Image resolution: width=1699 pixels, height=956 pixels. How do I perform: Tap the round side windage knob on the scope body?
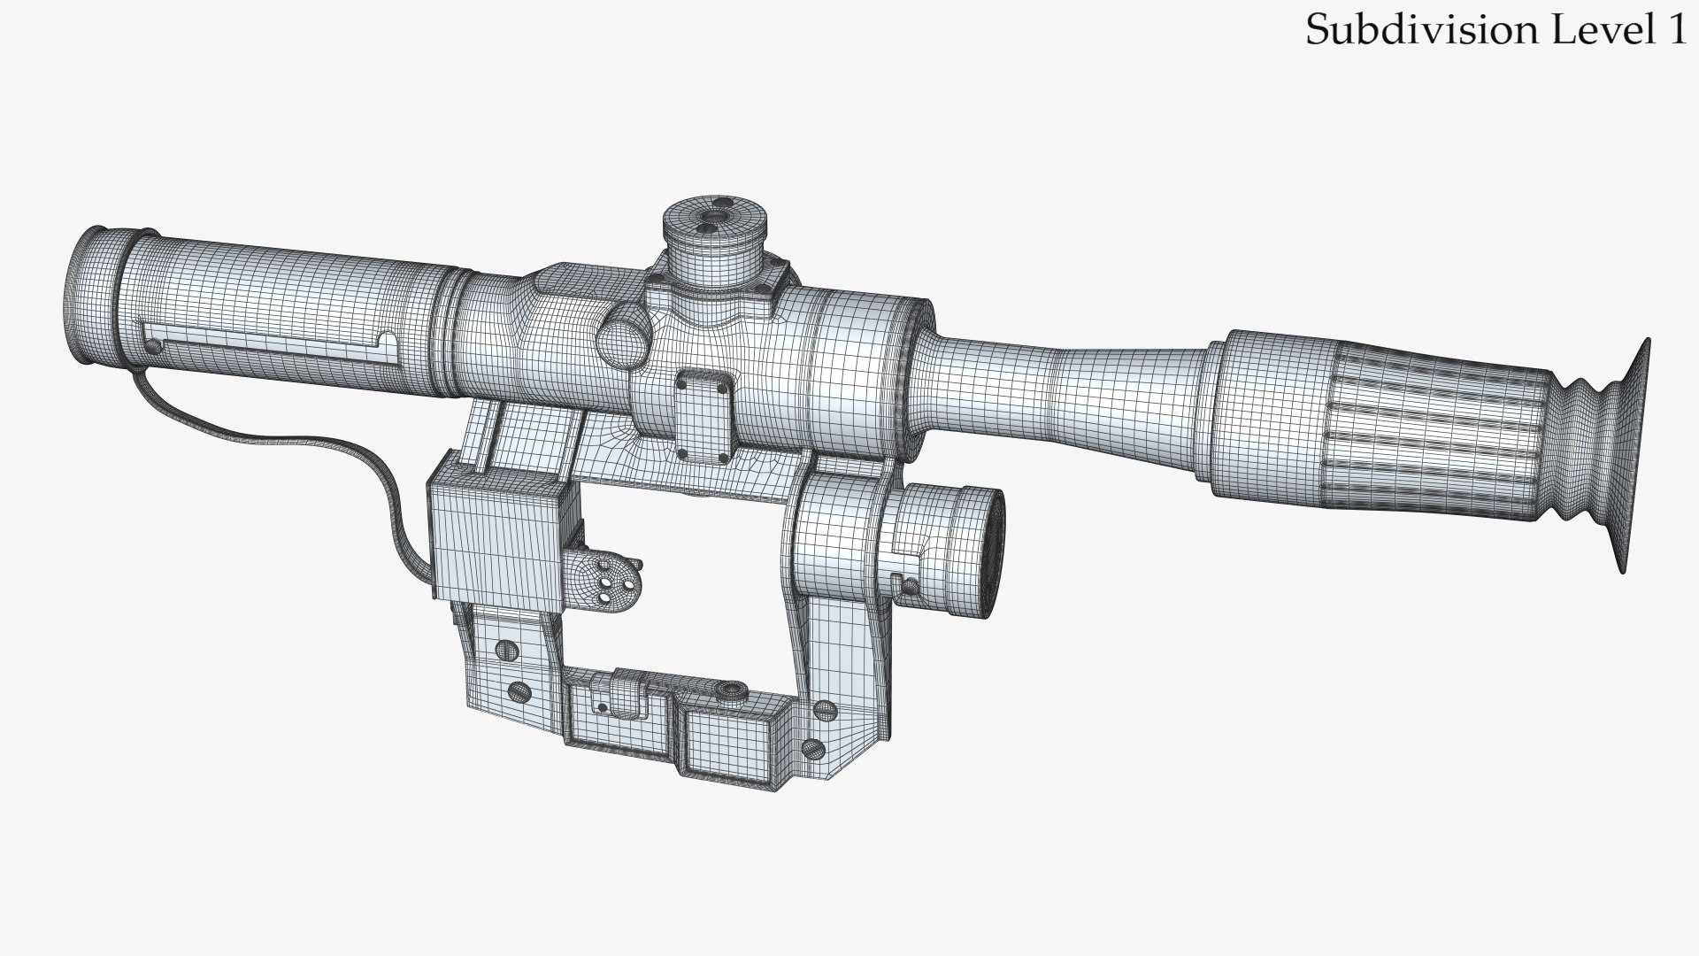(x=622, y=335)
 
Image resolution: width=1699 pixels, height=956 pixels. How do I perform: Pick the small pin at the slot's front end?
(x=156, y=346)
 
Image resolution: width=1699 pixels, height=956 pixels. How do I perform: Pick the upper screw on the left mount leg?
(x=507, y=650)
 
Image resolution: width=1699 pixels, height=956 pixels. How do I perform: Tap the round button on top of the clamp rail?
(x=730, y=689)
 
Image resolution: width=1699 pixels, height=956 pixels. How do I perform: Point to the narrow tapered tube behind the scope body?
(x=1062, y=389)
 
